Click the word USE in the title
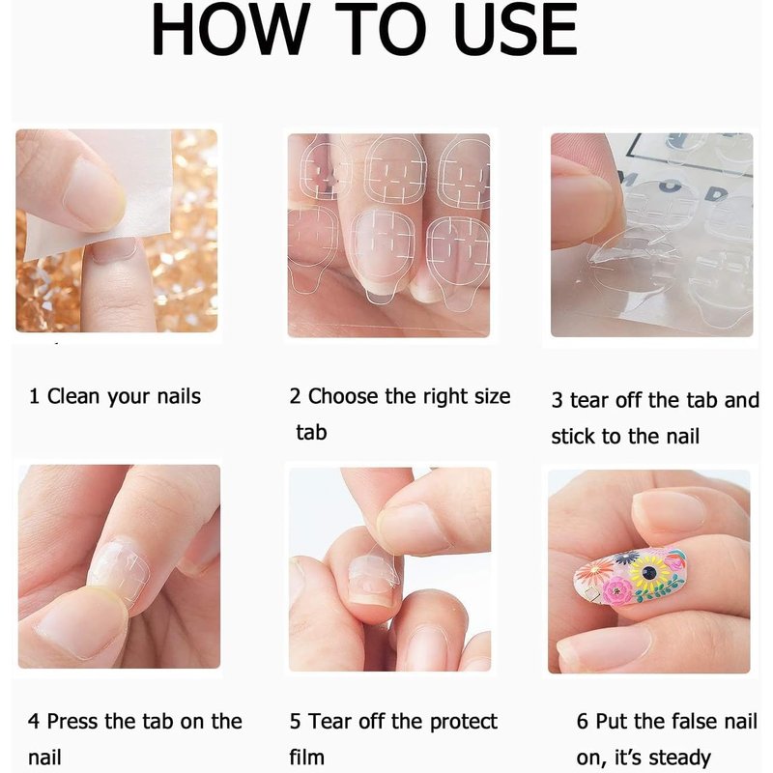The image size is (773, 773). (x=516, y=29)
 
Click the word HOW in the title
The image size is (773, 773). (x=231, y=29)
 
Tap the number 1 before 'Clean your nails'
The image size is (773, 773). (x=34, y=396)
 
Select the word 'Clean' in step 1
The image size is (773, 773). (x=73, y=396)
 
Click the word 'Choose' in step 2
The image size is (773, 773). (x=343, y=396)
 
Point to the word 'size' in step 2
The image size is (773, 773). (x=492, y=396)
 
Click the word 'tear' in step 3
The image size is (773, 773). (x=590, y=400)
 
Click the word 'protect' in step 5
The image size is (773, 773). (x=464, y=722)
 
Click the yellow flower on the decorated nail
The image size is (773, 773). (x=649, y=572)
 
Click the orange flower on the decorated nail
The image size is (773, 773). (x=593, y=571)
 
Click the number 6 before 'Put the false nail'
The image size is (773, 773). (x=583, y=722)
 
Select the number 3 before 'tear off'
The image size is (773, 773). (x=558, y=401)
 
